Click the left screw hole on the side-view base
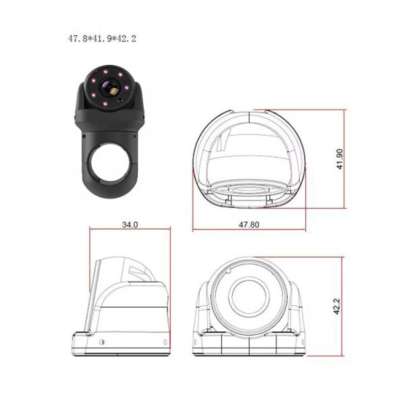101,343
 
